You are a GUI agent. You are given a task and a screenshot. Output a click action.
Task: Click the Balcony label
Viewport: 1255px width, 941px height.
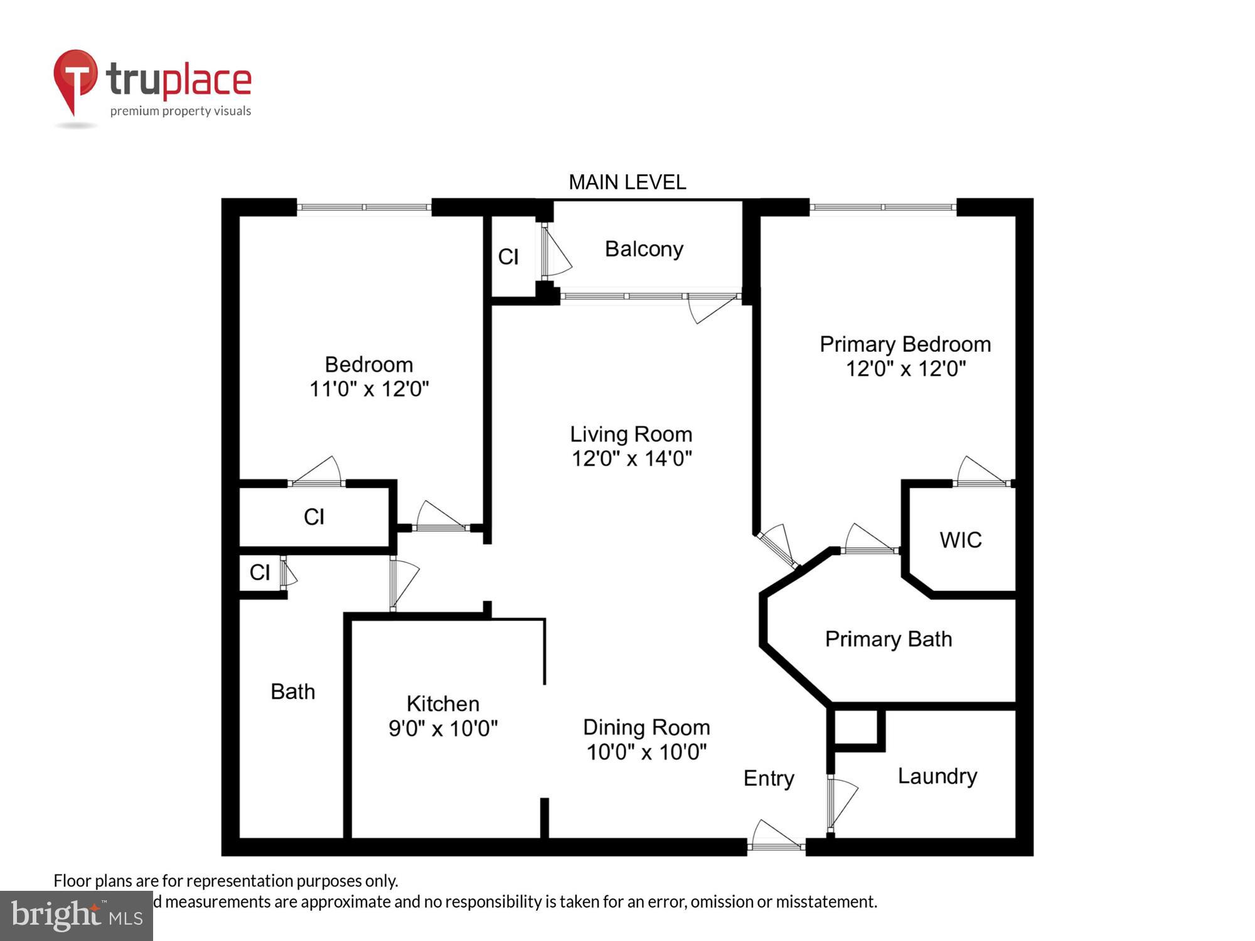click(644, 249)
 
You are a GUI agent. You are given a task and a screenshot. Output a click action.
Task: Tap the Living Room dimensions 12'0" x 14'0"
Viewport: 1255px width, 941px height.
click(631, 459)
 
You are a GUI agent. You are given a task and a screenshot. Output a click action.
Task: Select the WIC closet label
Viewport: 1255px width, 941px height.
click(960, 540)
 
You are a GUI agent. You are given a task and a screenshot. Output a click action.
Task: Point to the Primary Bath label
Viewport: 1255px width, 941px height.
click(888, 639)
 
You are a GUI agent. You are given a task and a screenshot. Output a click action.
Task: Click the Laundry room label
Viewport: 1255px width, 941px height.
click(937, 776)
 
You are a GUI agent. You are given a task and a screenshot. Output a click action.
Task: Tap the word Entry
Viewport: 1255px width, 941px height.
click(769, 778)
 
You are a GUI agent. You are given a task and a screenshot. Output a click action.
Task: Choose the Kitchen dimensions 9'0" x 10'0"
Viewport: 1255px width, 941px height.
click(443, 728)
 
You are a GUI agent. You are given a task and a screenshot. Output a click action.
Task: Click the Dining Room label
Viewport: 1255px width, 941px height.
click(646, 727)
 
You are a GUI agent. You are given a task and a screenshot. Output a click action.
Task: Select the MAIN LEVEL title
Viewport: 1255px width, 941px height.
click(627, 182)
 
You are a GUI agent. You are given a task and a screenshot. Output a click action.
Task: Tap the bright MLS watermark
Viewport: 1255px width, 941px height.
click(77, 916)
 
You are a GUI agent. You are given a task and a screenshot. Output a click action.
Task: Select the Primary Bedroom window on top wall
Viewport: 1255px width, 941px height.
click(883, 207)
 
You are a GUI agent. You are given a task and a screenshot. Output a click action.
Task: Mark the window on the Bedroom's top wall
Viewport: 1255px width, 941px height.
click(364, 207)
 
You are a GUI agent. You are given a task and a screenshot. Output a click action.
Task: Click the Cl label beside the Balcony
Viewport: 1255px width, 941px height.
click(508, 257)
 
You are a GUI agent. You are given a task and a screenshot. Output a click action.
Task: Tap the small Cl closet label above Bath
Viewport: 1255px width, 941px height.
click(260, 572)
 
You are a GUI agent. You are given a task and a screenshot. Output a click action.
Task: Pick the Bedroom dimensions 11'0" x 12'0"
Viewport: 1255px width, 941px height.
click(369, 389)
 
